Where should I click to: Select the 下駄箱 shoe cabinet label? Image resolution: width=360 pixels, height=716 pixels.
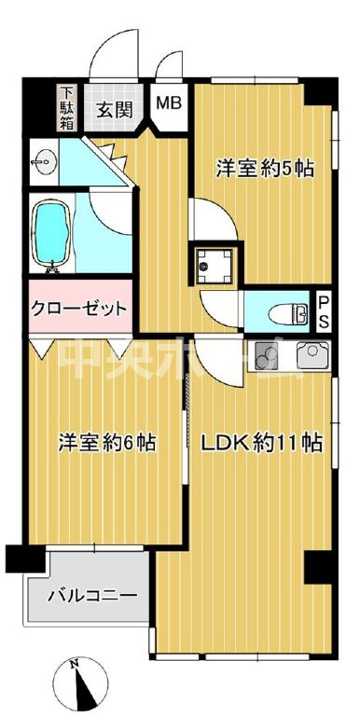[x=68, y=109]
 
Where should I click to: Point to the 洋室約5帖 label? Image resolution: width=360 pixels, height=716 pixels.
[x=265, y=169]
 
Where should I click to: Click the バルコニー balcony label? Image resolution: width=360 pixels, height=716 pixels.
[x=91, y=594]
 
